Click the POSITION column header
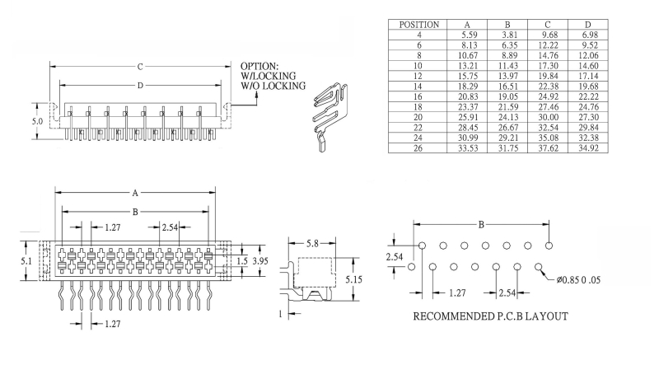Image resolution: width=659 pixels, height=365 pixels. [418, 25]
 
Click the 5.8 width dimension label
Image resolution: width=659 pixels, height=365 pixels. [314, 245]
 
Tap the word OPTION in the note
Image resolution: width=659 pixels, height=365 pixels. [259, 66]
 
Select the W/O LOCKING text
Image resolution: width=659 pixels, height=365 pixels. [273, 86]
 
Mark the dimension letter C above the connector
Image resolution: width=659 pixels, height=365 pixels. [139, 66]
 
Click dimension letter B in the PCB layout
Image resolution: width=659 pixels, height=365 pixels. [481, 225]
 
